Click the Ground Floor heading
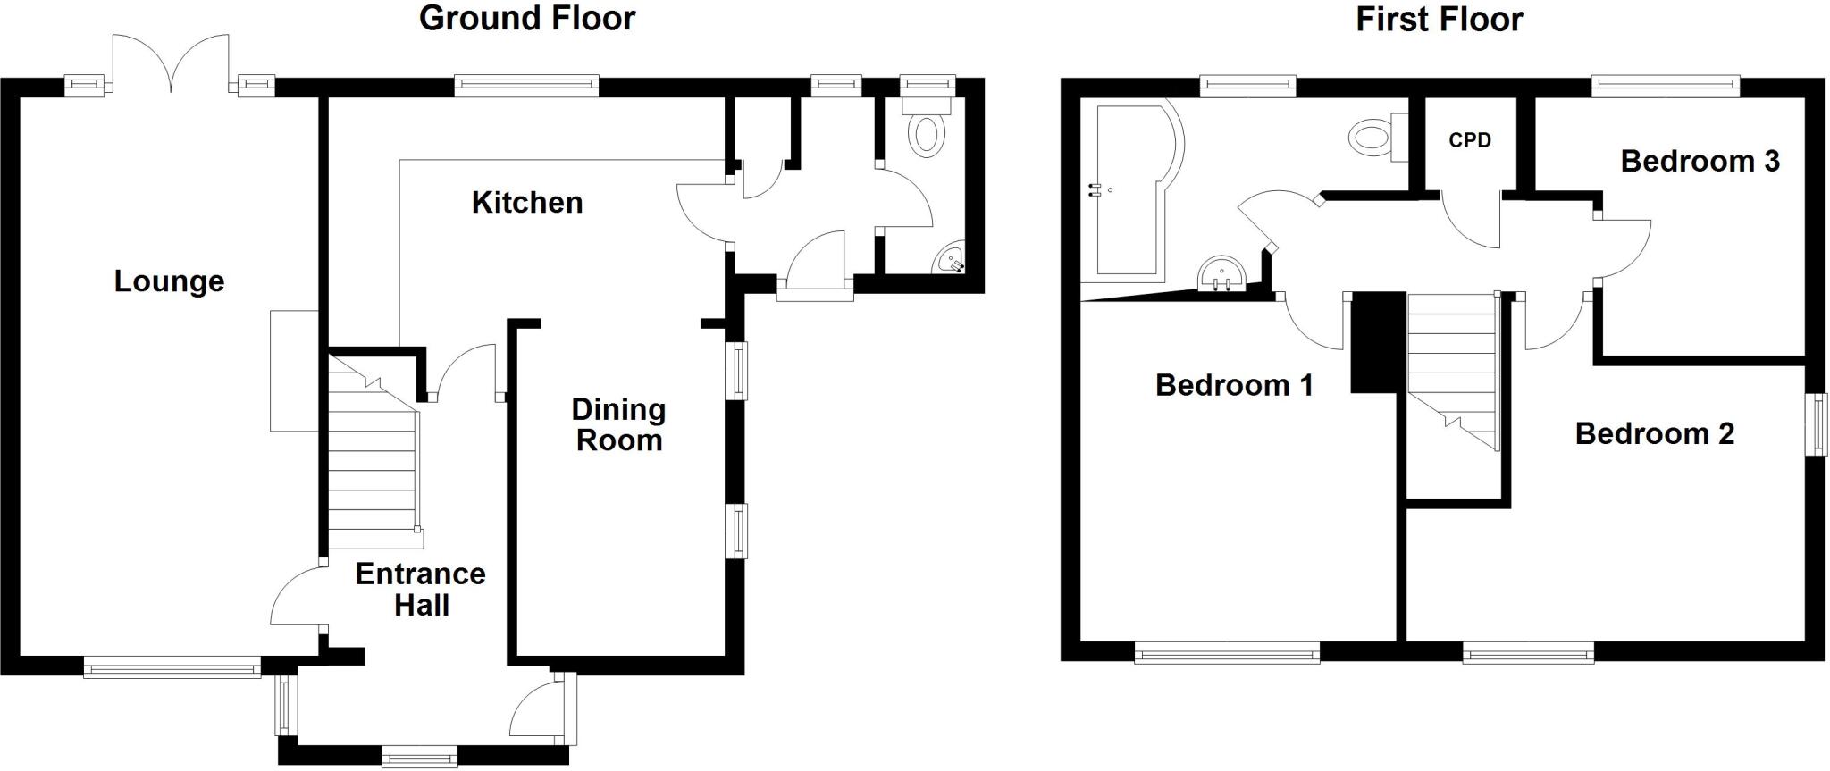coord(526,19)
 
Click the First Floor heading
coord(1439,19)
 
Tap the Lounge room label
coord(169,281)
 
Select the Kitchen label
coord(527,203)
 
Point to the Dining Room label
coord(618,425)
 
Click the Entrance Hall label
coord(420,589)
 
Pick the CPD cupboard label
coord(1470,140)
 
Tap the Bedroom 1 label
coord(1234,385)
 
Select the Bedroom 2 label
coord(1654,433)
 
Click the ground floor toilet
coord(927,130)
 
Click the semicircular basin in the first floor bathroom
coord(1221,272)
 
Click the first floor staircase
coord(1453,366)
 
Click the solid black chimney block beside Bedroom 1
coord(1372,342)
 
